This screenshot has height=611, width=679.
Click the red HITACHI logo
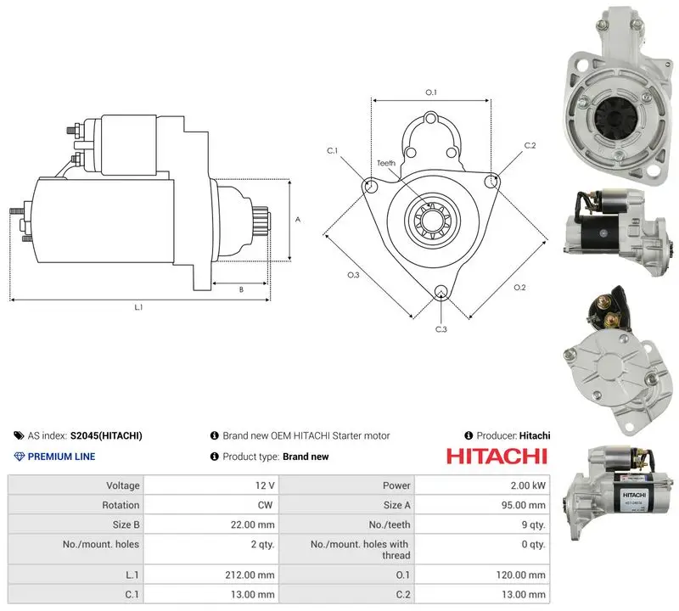[497, 457]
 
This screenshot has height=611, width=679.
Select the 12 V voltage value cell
[211, 485]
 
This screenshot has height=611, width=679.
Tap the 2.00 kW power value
[528, 485]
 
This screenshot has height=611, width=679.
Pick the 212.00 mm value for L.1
[250, 575]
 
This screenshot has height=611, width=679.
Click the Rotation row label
[121, 505]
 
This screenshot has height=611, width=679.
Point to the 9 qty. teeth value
[533, 524]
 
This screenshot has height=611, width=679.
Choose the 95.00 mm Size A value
[523, 505]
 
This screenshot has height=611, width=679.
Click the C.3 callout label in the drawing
[441, 329]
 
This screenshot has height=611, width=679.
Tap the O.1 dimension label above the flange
[431, 92]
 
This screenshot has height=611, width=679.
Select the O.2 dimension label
[519, 288]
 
